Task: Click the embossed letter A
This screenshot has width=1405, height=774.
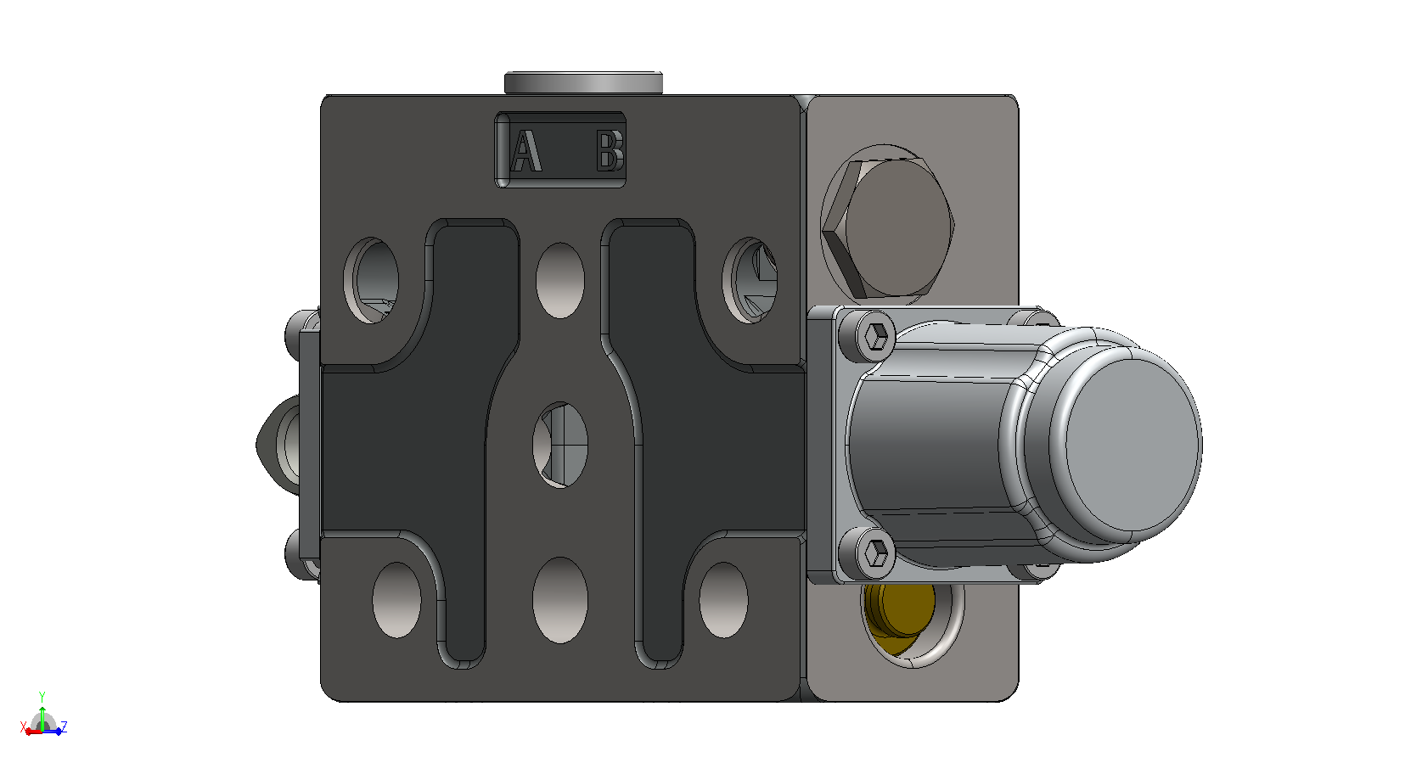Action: pos(525,150)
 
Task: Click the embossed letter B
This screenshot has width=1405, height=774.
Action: pos(610,150)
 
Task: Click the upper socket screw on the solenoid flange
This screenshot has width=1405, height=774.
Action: pos(876,337)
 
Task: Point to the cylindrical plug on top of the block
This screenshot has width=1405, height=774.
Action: pos(583,83)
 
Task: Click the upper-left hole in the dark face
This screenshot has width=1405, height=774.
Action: pos(372,280)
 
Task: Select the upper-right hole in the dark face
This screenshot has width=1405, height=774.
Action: pos(750,280)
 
